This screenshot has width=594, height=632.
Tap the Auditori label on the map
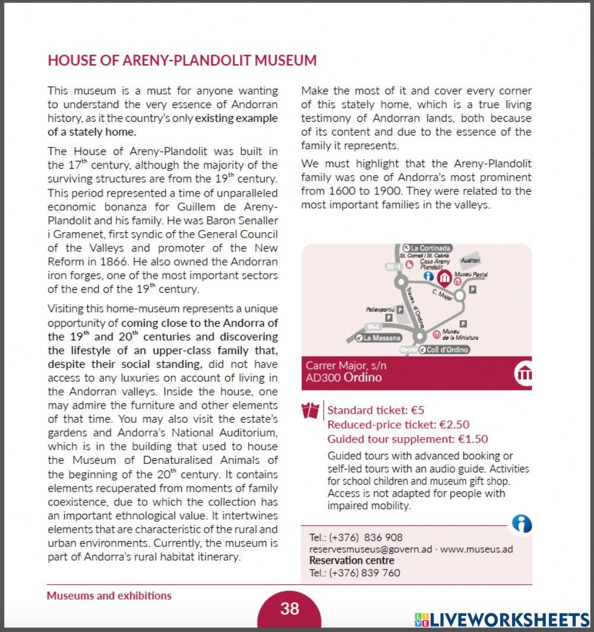click(470, 261)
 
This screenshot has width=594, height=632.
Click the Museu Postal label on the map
click(470, 274)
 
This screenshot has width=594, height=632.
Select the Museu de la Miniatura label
click(460, 334)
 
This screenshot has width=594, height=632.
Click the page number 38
click(290, 608)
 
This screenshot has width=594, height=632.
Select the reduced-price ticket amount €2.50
click(454, 425)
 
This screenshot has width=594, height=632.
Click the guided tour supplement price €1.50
click(473, 440)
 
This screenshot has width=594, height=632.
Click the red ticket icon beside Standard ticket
click(311, 410)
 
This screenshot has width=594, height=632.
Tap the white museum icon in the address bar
click(523, 373)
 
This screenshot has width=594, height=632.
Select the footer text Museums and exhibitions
click(109, 596)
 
